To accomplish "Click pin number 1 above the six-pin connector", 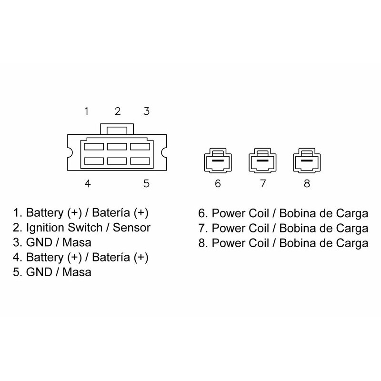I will click(x=86, y=111).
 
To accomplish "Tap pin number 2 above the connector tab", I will click(x=118, y=111).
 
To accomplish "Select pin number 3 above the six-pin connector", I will click(x=147, y=111).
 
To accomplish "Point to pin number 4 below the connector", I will click(x=88, y=183).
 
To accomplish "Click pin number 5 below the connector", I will click(x=147, y=183).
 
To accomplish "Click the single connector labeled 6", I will click(x=218, y=161).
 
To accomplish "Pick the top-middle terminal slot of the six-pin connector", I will click(x=117, y=146).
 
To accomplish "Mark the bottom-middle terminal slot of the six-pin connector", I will click(x=117, y=161).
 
